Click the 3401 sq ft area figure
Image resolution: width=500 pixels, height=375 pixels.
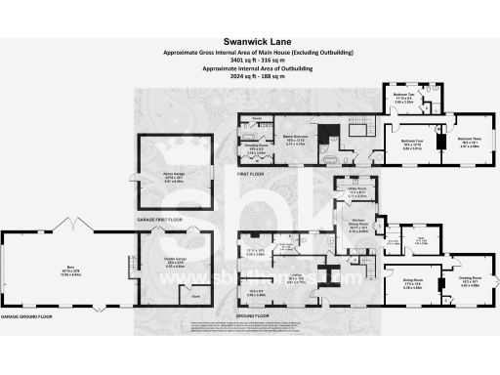point(249,60)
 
